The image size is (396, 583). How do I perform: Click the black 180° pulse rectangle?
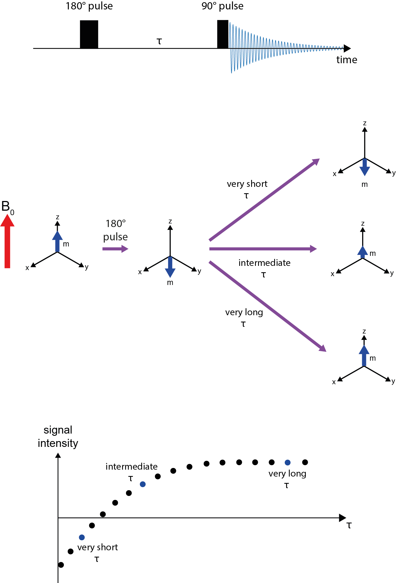(x=89, y=34)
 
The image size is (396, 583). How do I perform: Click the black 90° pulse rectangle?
(x=223, y=34)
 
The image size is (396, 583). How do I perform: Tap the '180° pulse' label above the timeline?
(x=89, y=6)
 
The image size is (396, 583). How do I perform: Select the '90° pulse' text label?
(x=222, y=6)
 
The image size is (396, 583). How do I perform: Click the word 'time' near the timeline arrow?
(x=347, y=60)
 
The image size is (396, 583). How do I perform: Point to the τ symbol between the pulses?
(x=159, y=41)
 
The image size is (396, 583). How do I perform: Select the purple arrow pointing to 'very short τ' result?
(x=264, y=200)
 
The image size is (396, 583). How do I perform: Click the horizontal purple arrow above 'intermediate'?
(x=262, y=249)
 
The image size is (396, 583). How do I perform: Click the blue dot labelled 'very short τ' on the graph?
(x=82, y=537)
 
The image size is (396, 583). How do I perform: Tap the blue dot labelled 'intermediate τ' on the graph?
(x=143, y=484)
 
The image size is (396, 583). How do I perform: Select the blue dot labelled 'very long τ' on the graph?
(x=287, y=462)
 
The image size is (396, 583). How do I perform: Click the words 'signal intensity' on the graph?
(x=58, y=437)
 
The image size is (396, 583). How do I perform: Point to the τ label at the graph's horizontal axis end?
(x=349, y=525)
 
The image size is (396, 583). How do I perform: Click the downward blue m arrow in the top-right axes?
(x=365, y=167)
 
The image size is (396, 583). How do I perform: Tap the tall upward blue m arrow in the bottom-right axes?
(x=364, y=355)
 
